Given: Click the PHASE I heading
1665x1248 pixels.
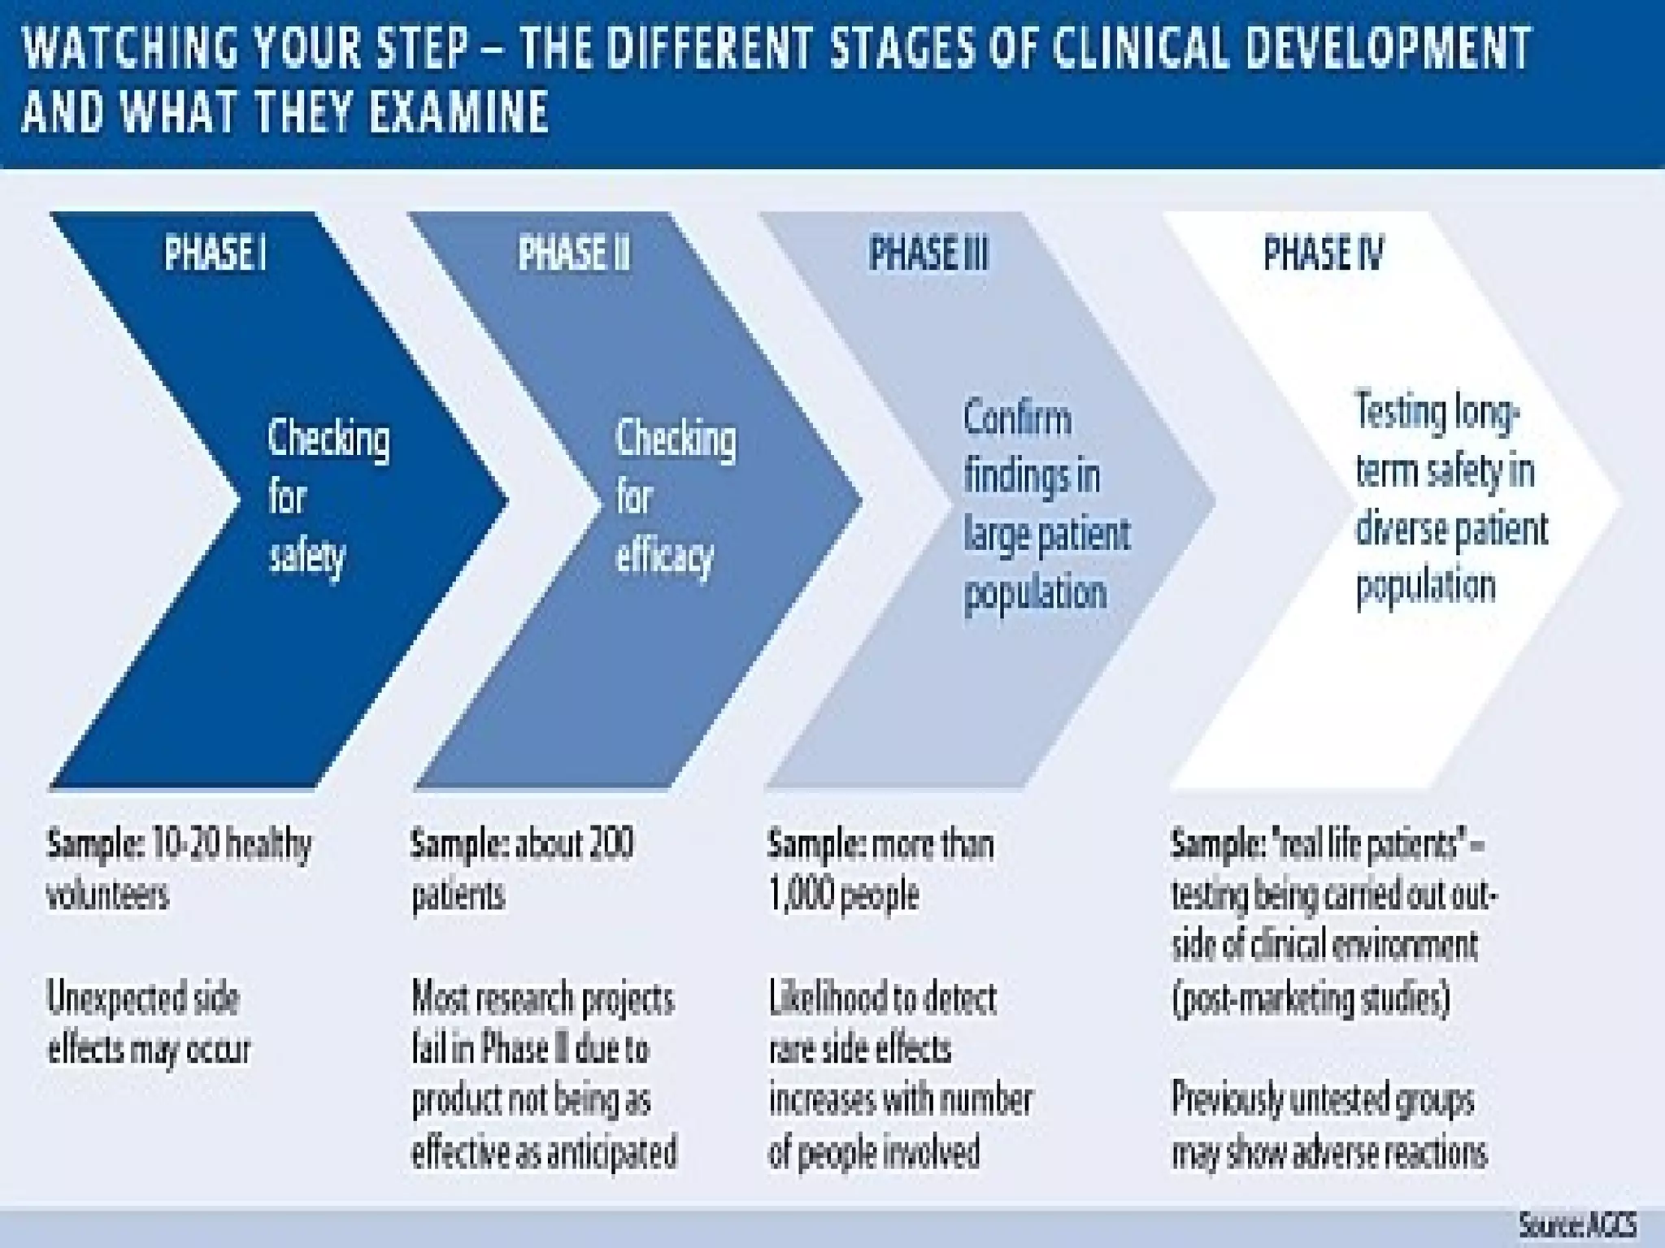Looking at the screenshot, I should tap(215, 253).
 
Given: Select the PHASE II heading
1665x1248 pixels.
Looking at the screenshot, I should tap(574, 253).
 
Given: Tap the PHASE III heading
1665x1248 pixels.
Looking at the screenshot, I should tap(928, 253).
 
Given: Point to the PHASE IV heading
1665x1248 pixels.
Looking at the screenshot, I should tap(1323, 253).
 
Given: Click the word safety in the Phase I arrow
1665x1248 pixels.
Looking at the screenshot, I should tap(307, 557).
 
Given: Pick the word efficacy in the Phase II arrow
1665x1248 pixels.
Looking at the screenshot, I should tap(664, 557).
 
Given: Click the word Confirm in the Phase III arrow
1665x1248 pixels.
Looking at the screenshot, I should tap(1017, 419).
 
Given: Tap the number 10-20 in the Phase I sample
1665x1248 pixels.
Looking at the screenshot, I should tap(185, 845).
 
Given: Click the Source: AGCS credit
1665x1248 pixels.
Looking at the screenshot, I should tap(1577, 1224).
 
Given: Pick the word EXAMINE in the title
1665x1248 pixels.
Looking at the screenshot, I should tap(458, 111).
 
